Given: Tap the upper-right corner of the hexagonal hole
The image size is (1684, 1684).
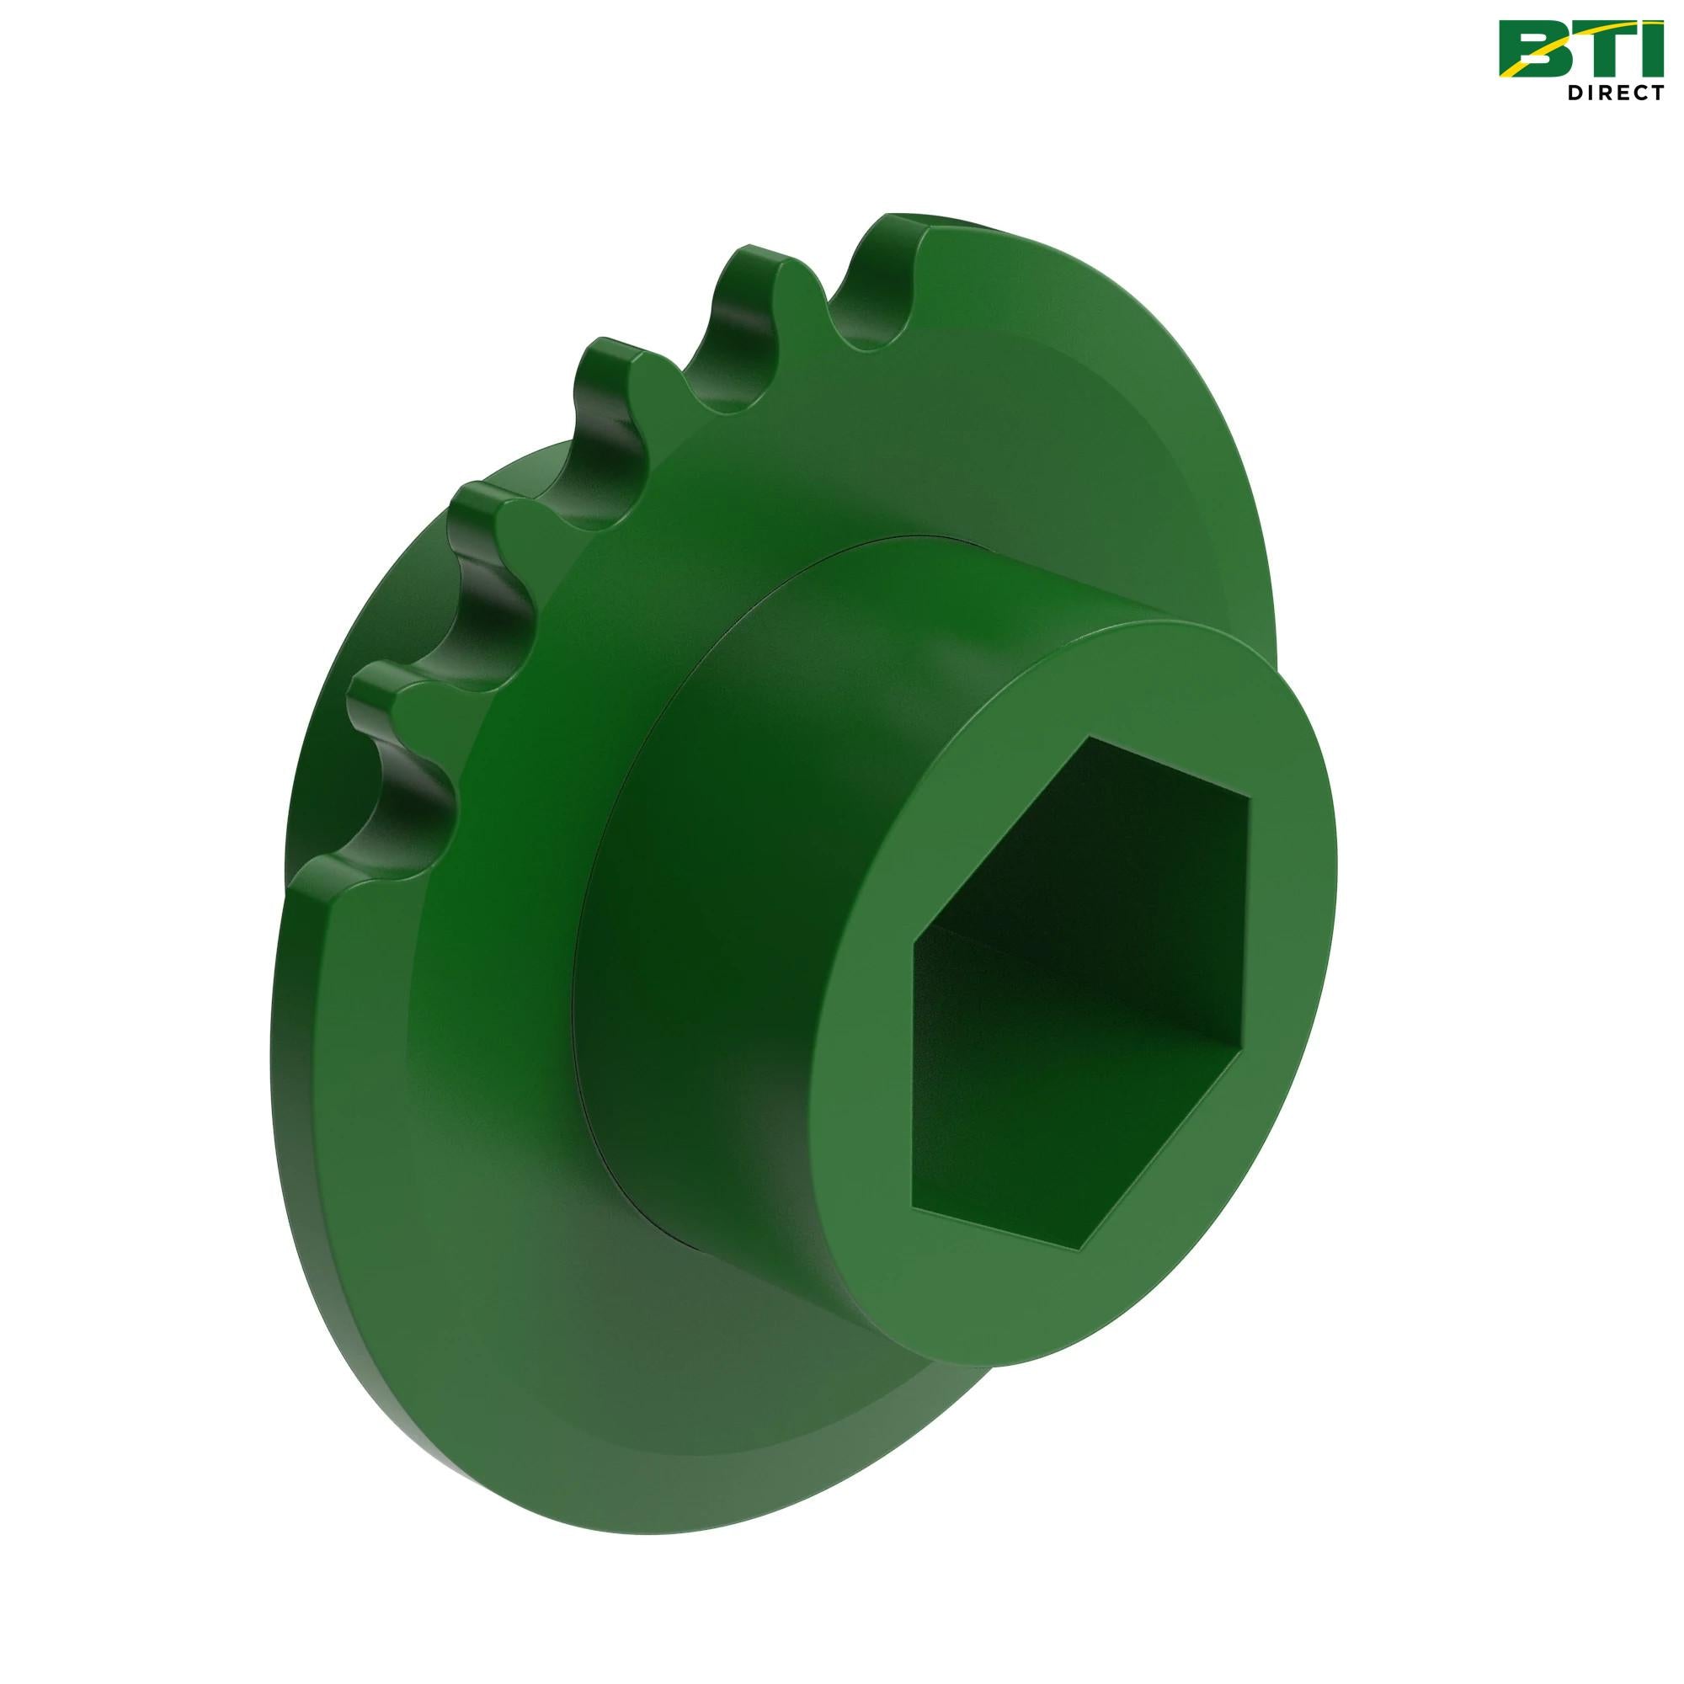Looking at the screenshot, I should click(1249, 799).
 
